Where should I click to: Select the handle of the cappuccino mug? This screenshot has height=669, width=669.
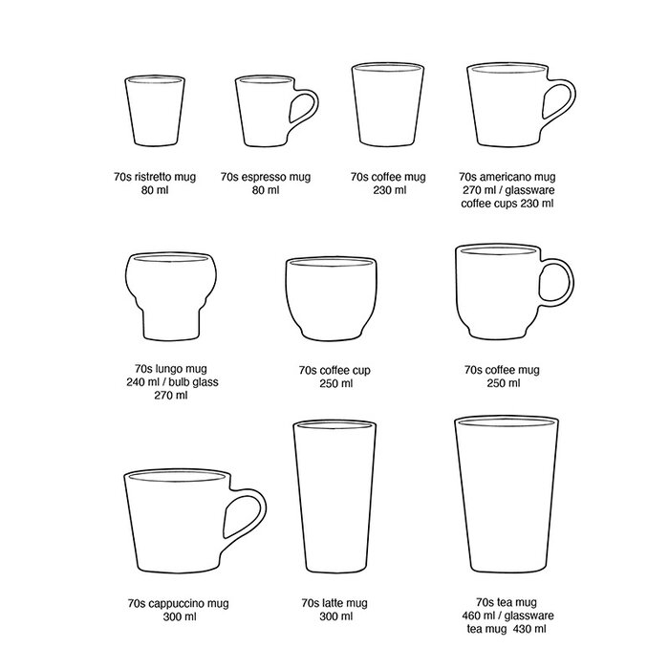tap(246, 520)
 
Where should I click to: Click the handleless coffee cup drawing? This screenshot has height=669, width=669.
tap(334, 297)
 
